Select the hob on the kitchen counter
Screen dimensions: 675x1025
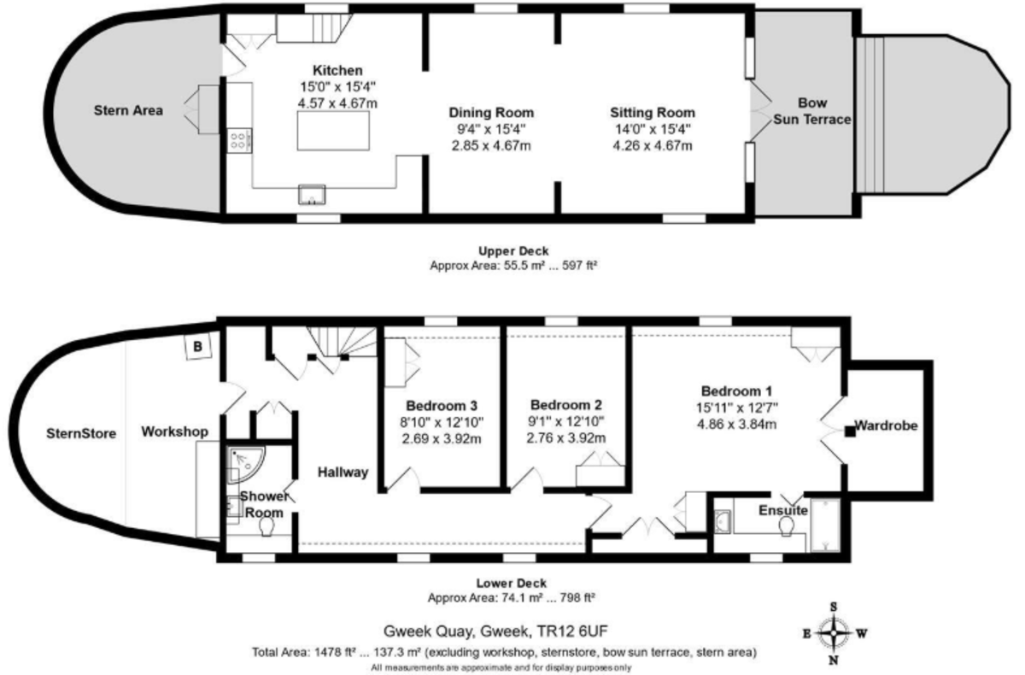pos(239,138)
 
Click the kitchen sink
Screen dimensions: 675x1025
pos(313,195)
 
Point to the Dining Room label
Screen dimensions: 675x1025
pos(491,113)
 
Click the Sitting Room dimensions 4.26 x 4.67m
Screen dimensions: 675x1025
pos(652,145)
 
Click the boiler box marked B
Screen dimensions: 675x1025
pos(198,347)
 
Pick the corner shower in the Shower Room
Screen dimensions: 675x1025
pos(245,461)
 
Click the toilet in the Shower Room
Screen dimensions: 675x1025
pos(264,530)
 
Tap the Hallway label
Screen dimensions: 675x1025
pos(343,472)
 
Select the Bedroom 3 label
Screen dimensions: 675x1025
pos(441,405)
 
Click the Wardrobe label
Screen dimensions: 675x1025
pos(887,425)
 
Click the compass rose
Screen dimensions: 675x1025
pos(834,633)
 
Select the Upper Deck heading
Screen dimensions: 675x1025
pos(512,250)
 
